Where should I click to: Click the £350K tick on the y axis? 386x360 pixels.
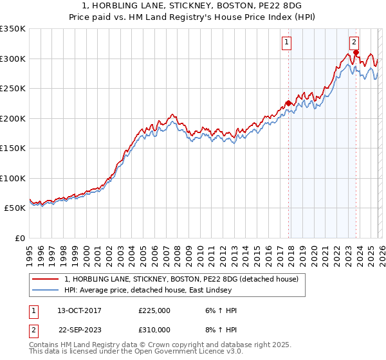[x=13, y=29]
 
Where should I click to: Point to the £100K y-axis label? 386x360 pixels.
[x=13, y=178]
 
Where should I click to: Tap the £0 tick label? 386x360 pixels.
[x=19, y=238]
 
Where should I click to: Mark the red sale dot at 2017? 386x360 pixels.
[x=288, y=103]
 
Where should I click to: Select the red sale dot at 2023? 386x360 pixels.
[x=356, y=52]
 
